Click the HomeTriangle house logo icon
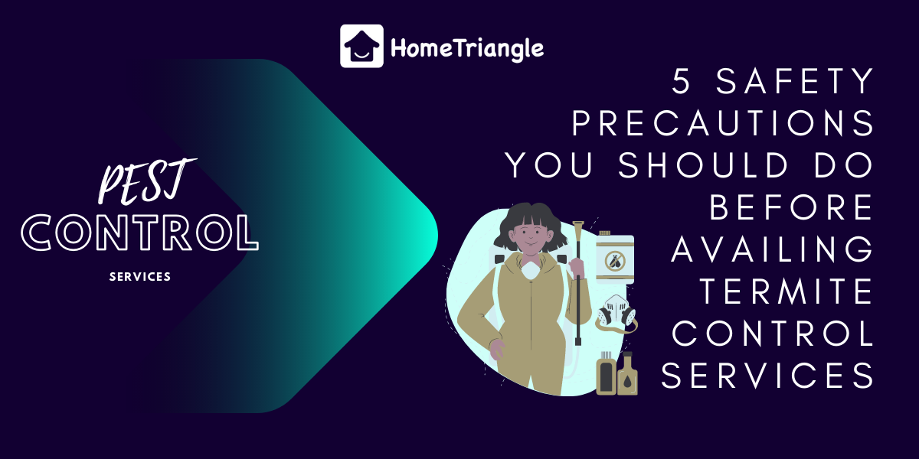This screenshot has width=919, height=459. [x=361, y=46]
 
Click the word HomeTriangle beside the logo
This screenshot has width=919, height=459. [x=467, y=48]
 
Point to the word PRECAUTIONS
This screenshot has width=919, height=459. [x=723, y=124]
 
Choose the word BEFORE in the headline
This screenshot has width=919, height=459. [x=792, y=207]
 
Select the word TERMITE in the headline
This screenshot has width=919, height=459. [x=788, y=291]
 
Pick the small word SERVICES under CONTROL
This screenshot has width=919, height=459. [x=140, y=276]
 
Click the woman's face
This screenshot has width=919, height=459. [x=528, y=238]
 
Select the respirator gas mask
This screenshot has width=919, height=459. [x=617, y=313]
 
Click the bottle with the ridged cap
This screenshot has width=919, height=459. [x=606, y=373]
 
